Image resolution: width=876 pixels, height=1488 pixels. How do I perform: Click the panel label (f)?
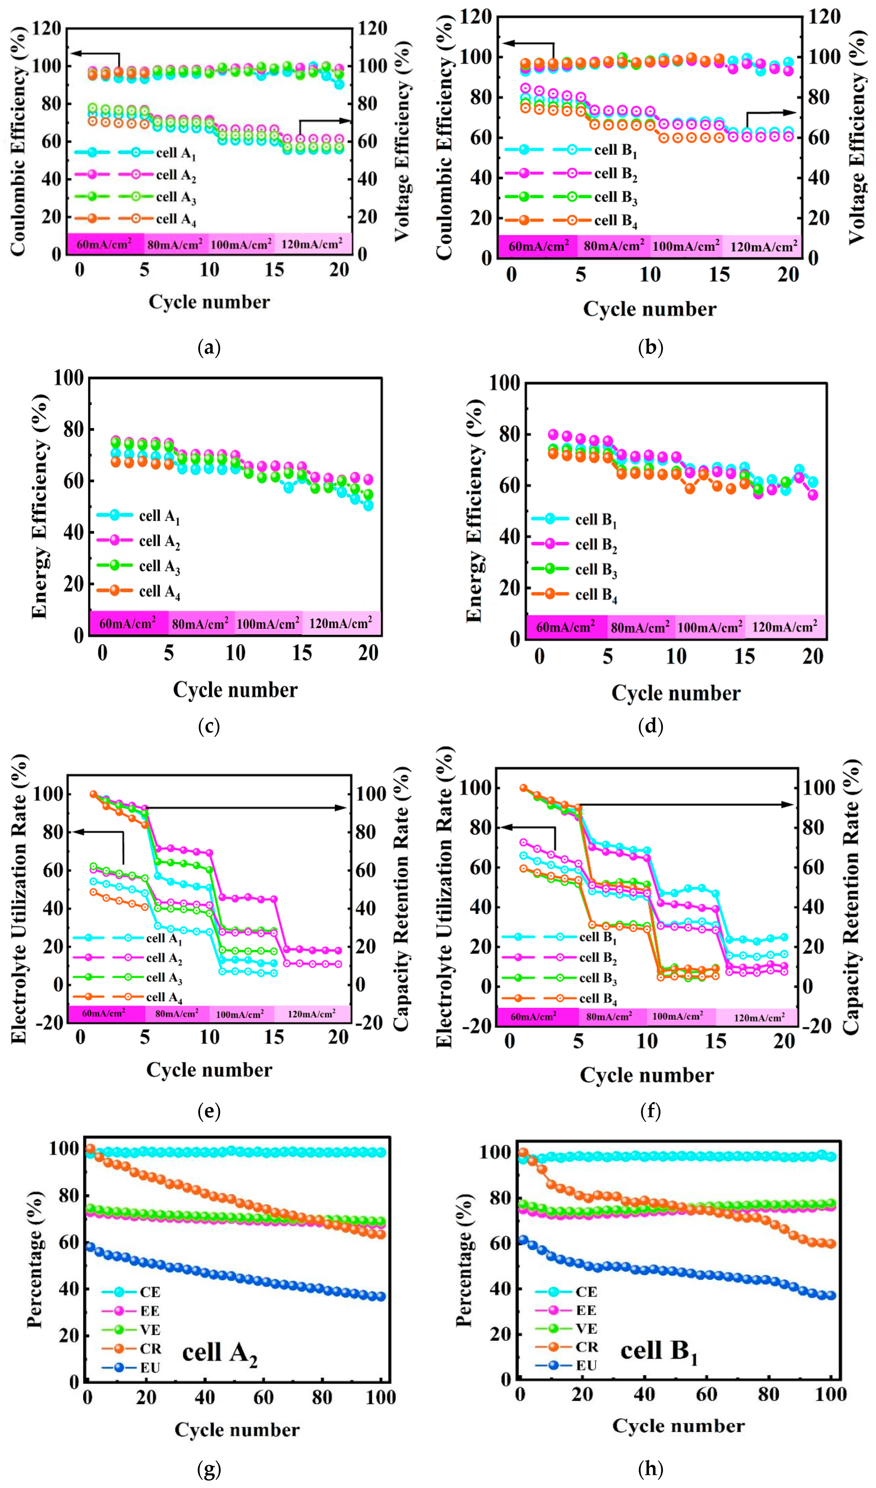651,1112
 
